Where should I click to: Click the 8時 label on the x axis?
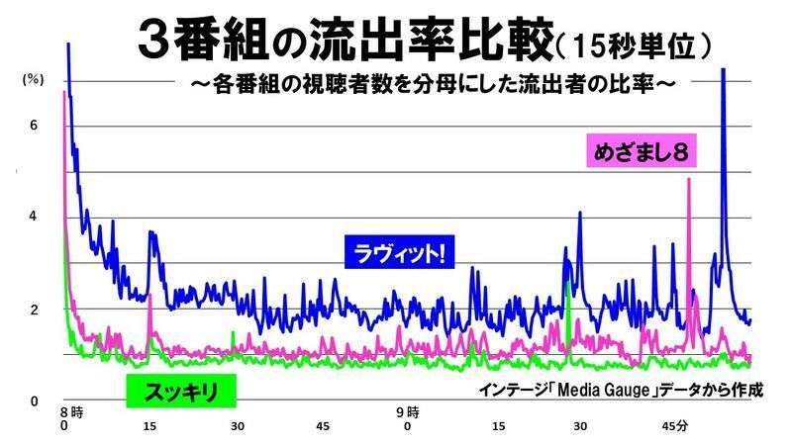tap(68, 411)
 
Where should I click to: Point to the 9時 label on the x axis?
tap(407, 411)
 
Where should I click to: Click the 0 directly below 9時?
tap(407, 426)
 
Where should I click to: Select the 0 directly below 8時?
tap(63, 426)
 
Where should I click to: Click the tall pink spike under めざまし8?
tap(688, 183)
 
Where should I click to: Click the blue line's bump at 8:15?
tap(151, 237)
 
